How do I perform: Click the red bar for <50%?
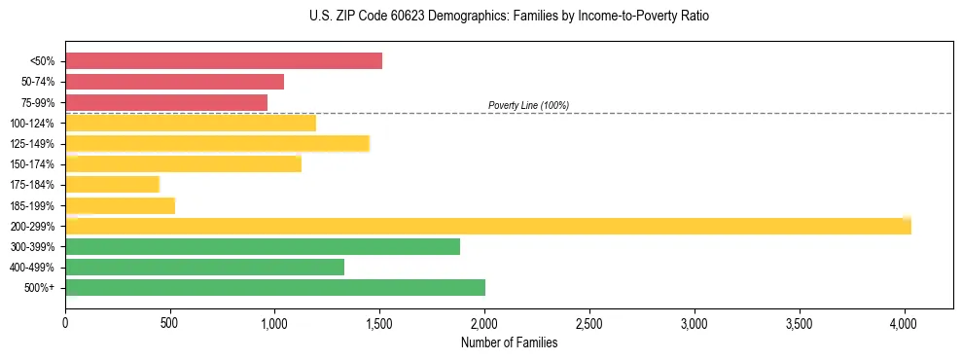pyautogui.click(x=224, y=61)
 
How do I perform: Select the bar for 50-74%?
pyautogui.click(x=175, y=82)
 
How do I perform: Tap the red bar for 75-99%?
pyautogui.click(x=166, y=102)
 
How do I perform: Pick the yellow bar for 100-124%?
pyautogui.click(x=191, y=123)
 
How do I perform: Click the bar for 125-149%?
pyautogui.click(x=217, y=143)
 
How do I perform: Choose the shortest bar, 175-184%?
pyautogui.click(x=112, y=185)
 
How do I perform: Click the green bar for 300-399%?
pyautogui.click(x=263, y=246)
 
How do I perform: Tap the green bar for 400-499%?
pyautogui.click(x=204, y=267)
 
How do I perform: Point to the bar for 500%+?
pyautogui.click(x=275, y=287)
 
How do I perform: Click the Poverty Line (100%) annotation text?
pyautogui.click(x=528, y=105)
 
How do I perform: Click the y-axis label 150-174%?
pyautogui.click(x=32, y=164)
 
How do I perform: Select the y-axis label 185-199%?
pyautogui.click(x=32, y=205)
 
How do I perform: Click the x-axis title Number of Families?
pyautogui.click(x=509, y=342)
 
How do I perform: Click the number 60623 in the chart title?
pyautogui.click(x=402, y=17)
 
